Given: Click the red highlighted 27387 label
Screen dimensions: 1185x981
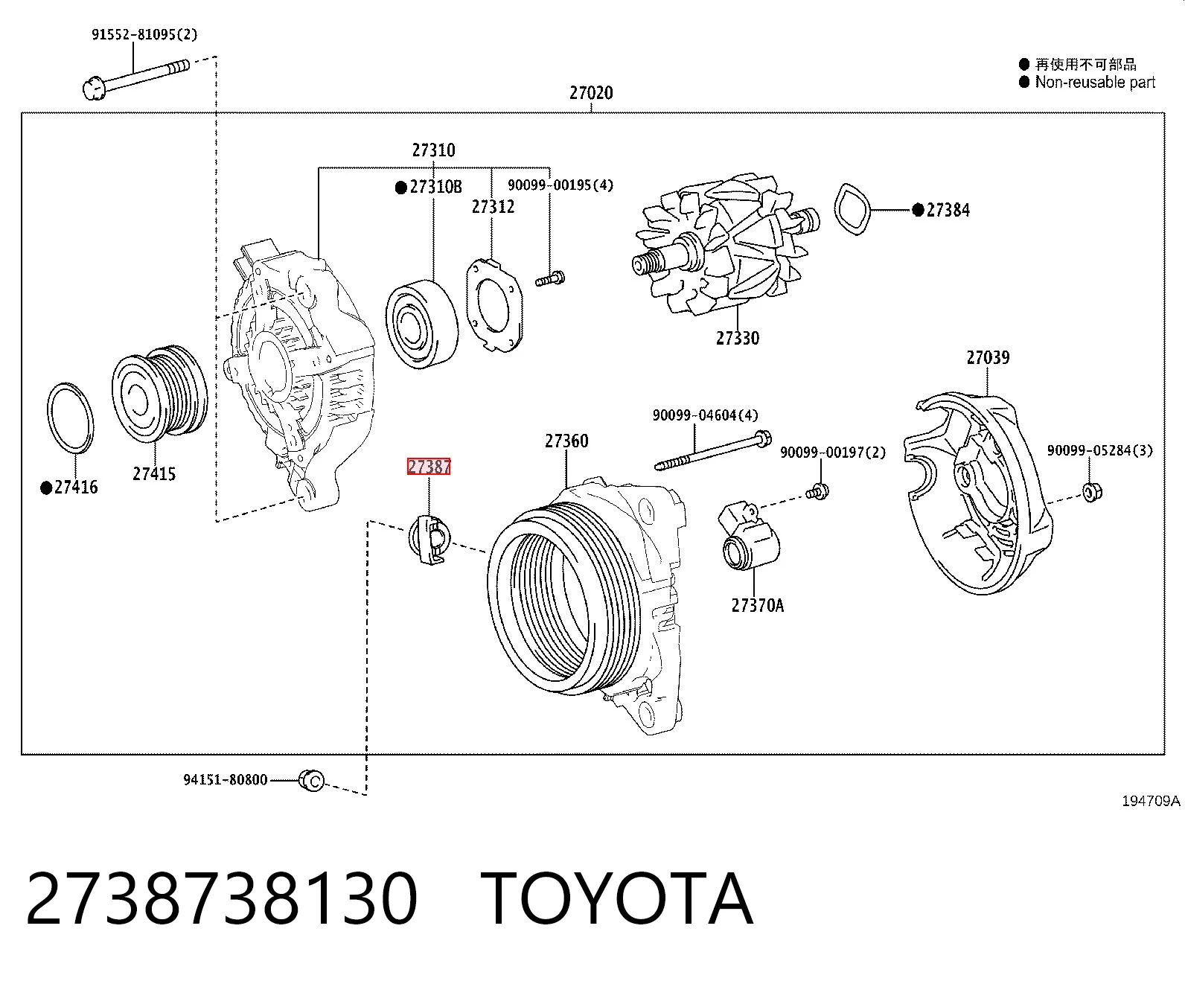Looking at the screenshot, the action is pyautogui.click(x=429, y=467).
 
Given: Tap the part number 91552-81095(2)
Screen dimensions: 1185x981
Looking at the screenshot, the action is pyautogui.click(x=144, y=35).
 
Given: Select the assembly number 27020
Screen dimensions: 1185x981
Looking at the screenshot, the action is pyautogui.click(x=591, y=92).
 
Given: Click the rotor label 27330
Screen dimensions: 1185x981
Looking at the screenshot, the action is pyautogui.click(x=737, y=339).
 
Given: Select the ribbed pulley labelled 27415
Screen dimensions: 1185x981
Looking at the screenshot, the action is pyautogui.click(x=159, y=392).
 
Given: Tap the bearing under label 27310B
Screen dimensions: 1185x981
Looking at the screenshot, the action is pyautogui.click(x=422, y=323).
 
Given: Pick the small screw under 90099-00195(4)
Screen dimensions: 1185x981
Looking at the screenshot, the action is pyautogui.click(x=550, y=279).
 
